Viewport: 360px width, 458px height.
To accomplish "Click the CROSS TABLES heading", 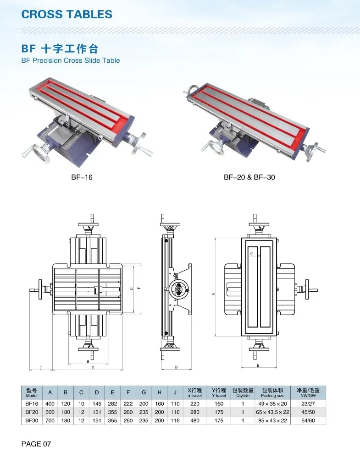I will (x=67, y=14).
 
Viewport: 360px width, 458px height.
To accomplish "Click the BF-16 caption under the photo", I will (x=82, y=177).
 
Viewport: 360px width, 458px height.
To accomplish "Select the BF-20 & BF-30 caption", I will (x=249, y=177).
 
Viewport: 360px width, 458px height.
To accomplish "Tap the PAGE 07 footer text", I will (x=36, y=443).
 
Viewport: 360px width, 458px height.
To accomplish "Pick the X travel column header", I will (x=195, y=393).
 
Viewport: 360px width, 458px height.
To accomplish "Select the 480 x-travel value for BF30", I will (x=195, y=420).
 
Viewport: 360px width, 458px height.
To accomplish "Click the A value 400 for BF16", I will (x=50, y=403).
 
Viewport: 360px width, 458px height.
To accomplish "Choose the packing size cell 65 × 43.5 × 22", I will (x=272, y=412).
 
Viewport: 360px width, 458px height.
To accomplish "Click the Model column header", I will (x=32, y=393).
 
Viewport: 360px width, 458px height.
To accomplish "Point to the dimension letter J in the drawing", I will (x=41, y=367).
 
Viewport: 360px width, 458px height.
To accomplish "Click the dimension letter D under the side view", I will (x=176, y=367).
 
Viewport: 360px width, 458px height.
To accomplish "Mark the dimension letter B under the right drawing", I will (x=258, y=365).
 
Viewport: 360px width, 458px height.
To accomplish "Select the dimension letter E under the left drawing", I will (x=93, y=367).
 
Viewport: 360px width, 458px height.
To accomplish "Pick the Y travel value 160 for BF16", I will (x=219, y=403).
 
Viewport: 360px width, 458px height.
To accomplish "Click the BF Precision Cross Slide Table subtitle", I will (x=71, y=60).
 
